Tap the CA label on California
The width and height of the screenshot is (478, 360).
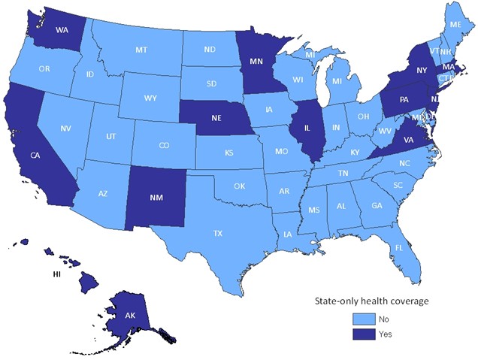tap(35, 156)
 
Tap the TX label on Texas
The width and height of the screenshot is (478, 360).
tap(218, 234)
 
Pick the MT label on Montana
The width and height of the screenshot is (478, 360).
tap(141, 50)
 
